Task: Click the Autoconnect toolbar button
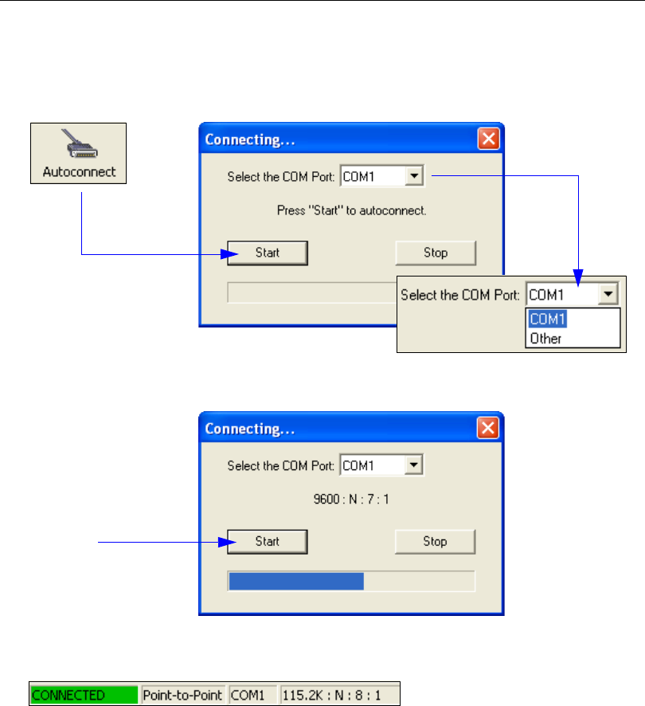[79, 154]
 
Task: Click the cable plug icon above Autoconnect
[79, 143]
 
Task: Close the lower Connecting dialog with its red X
[488, 428]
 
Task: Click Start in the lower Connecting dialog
[268, 541]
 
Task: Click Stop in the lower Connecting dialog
[435, 541]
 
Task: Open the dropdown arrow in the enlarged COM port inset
[608, 295]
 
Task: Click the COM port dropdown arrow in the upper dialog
[414, 177]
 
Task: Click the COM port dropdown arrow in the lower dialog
[414, 465]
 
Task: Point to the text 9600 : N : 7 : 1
[351, 500]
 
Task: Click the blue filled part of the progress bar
[295, 581]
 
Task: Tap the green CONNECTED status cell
[84, 694]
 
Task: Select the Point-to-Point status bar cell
[184, 694]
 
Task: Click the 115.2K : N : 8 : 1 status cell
[338, 694]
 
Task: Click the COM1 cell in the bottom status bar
[252, 694]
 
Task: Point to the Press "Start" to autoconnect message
[351, 211]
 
